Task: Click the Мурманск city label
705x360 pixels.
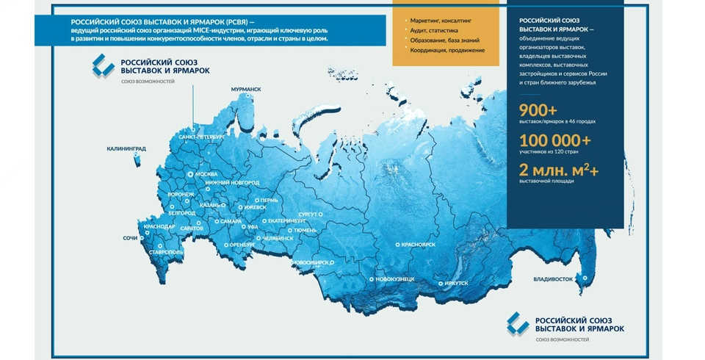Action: (246, 90)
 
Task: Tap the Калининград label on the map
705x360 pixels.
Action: (126, 149)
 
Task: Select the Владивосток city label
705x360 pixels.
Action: (553, 279)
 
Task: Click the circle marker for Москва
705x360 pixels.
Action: (191, 174)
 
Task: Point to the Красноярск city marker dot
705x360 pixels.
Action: (397, 245)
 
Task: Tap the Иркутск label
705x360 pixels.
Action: (456, 284)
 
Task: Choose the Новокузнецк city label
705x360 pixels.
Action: (395, 279)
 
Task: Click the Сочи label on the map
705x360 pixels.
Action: (131, 238)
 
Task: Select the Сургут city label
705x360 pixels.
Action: (308, 215)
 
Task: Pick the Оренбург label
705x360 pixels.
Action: (242, 245)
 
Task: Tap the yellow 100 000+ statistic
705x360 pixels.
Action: (555, 141)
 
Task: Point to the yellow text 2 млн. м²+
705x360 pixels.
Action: (559, 170)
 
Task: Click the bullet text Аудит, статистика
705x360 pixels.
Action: (434, 31)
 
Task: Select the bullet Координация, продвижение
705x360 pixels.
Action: (447, 51)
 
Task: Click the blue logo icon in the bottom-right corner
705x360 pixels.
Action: (518, 323)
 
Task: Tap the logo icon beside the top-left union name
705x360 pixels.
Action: (104, 65)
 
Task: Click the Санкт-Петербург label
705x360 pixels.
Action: (202, 137)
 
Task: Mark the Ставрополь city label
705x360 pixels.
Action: (167, 253)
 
